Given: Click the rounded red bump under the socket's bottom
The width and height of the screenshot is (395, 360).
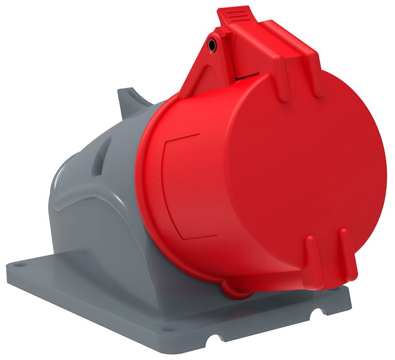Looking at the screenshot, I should point(239,290).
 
